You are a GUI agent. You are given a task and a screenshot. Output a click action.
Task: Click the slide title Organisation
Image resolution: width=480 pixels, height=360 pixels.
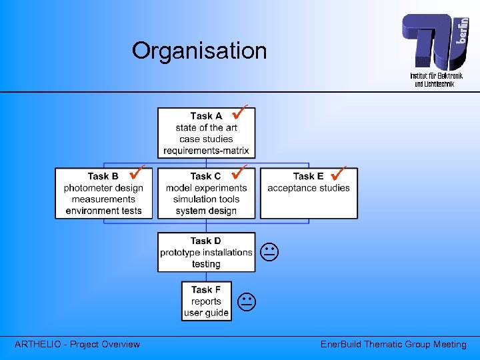pos(199,51)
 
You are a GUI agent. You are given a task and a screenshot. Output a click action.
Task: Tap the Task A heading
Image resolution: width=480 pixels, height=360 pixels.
pos(206,116)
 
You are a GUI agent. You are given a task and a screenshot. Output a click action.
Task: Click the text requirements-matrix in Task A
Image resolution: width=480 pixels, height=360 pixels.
pos(206,151)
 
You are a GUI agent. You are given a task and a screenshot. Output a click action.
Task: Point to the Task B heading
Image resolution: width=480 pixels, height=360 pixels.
pos(103,176)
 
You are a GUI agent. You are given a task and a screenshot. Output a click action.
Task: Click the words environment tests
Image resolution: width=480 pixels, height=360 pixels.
pos(103,211)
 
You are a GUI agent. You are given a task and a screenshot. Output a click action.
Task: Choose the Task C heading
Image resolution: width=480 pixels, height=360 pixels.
pos(205,176)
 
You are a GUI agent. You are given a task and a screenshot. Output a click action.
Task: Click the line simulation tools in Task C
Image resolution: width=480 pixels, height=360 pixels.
pos(206,199)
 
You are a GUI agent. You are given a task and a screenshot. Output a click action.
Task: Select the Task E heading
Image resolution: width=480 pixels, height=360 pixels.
pos(308,176)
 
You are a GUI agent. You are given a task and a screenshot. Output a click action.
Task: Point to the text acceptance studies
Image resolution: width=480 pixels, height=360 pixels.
pos(309,188)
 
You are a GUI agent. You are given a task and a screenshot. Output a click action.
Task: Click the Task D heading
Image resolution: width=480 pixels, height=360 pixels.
pos(205,241)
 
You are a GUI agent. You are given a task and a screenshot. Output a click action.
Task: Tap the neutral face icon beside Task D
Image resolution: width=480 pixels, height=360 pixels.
pos(269,253)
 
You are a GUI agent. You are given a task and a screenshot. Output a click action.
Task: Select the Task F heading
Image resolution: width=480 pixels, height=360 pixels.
pos(206,289)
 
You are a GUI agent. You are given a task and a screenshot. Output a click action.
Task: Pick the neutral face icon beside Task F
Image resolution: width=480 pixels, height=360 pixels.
pos(247,302)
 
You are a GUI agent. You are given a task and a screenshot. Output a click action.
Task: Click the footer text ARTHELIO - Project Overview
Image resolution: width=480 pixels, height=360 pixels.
pos(77,344)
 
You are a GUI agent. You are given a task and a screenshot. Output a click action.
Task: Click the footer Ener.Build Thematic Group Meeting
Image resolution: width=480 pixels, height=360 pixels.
pos(393,344)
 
